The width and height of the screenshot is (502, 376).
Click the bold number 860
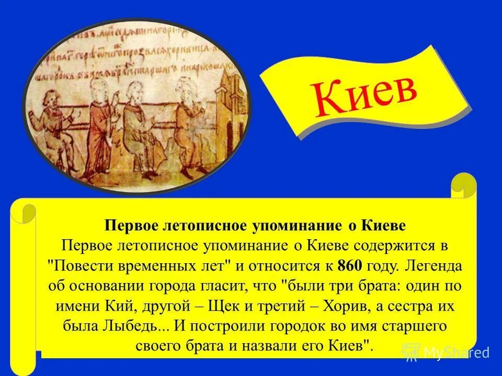[x=349, y=266]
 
